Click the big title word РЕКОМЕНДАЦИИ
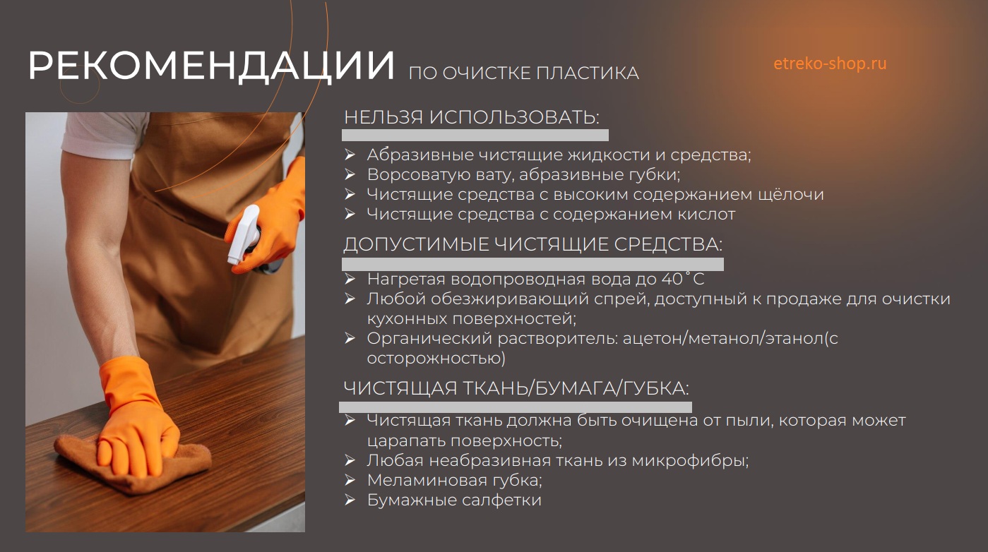(x=211, y=66)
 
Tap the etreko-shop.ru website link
(x=830, y=64)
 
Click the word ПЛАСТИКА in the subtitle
(x=588, y=73)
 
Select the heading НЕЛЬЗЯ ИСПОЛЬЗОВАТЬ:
(x=472, y=117)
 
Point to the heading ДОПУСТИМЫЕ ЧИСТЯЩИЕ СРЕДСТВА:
(x=532, y=244)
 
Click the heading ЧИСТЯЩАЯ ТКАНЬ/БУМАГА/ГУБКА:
(x=516, y=388)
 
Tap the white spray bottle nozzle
(x=243, y=234)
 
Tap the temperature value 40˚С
(x=683, y=279)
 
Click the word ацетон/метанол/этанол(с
(x=730, y=339)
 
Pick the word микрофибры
(x=690, y=461)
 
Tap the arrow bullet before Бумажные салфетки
(x=350, y=500)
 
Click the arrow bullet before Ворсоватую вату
(x=350, y=174)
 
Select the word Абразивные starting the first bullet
(x=420, y=155)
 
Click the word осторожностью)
(x=436, y=359)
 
